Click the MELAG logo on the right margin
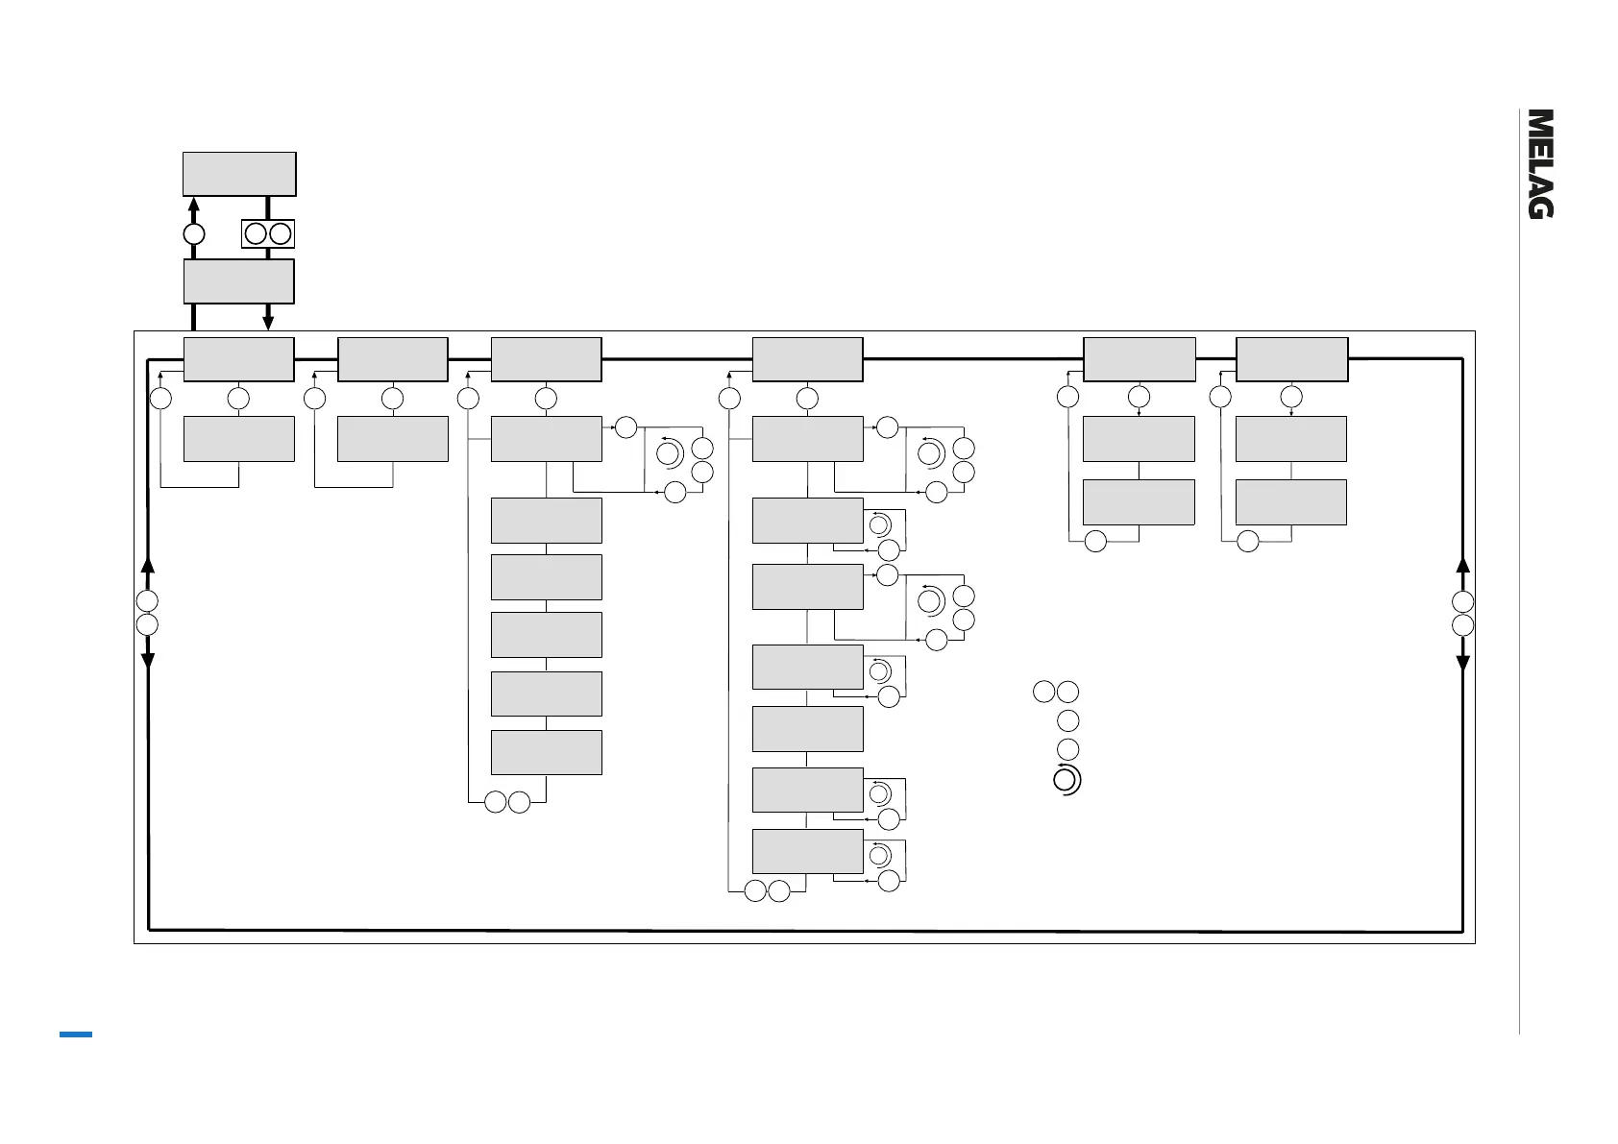click(x=1541, y=164)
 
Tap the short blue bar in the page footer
click(x=76, y=1034)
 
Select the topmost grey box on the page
click(x=239, y=174)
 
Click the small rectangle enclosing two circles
click(x=268, y=233)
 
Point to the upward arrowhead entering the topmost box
click(x=193, y=204)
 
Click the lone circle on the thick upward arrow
click(x=193, y=234)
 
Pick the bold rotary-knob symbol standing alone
click(x=1066, y=781)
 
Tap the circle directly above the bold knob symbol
click(x=1066, y=749)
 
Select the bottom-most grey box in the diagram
click(x=807, y=851)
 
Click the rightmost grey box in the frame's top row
click(x=1291, y=359)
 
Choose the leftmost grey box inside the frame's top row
click(x=239, y=359)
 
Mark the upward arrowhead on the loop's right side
click(x=1462, y=565)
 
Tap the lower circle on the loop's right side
click(x=1462, y=625)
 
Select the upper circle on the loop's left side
click(x=147, y=601)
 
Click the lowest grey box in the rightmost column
click(x=1290, y=501)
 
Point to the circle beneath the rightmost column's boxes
click(x=1247, y=542)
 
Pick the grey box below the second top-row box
click(x=393, y=439)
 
